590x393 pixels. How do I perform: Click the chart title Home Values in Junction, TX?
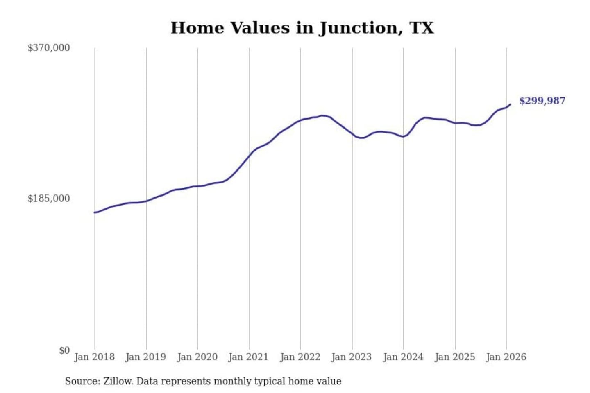click(x=302, y=28)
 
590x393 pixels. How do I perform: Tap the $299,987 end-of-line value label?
click(x=542, y=101)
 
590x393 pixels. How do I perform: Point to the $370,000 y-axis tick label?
click(x=49, y=48)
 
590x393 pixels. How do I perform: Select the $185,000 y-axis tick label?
click(x=49, y=199)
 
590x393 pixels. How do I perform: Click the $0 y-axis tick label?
click(x=64, y=350)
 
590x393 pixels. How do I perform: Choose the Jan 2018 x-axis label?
click(x=94, y=357)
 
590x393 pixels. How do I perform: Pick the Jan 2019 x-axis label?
click(x=145, y=357)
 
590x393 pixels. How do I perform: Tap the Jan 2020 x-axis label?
click(x=197, y=357)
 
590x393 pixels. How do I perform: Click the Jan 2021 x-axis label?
click(x=248, y=357)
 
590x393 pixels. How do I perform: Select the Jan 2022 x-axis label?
click(x=300, y=357)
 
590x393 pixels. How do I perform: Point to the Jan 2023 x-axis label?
click(x=351, y=357)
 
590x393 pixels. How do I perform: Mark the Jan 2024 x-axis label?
click(x=403, y=357)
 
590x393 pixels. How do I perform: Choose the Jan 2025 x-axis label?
click(x=454, y=357)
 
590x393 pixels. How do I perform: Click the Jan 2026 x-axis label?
click(x=506, y=357)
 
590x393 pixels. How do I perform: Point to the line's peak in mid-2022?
click(x=322, y=115)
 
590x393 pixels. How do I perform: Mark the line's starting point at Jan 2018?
click(x=95, y=212)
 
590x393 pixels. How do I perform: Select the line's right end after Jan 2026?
click(x=510, y=104)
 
